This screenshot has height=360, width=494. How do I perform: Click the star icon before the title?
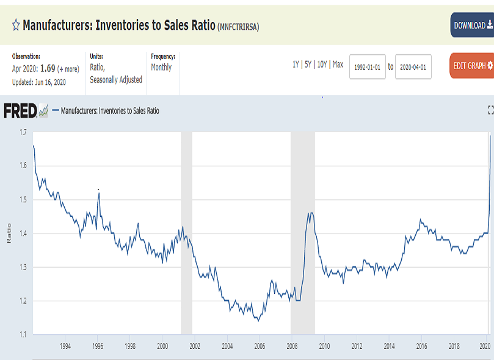15,25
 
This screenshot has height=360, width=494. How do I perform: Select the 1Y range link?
296,65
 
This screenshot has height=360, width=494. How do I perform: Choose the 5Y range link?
308,65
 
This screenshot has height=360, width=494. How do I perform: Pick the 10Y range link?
322,65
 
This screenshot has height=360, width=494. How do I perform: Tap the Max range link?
338,65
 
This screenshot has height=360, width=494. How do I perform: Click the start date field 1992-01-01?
367,67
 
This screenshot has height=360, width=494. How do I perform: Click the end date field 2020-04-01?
413,67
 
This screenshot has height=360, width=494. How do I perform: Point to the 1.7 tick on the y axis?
23,132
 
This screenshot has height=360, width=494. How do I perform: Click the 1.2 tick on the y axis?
23,301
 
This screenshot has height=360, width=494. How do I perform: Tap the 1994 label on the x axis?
65,347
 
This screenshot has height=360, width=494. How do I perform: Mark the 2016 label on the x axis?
421,347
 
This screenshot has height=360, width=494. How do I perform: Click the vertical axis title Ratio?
9,233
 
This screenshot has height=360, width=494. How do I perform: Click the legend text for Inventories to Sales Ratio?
110,111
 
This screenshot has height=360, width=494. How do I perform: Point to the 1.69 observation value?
47,68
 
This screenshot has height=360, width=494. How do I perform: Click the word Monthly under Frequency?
161,67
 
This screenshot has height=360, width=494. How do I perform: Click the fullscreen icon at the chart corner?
490,110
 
